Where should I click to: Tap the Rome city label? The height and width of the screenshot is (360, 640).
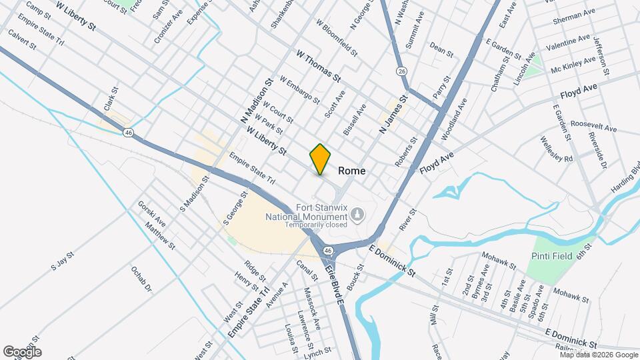coord(352,171)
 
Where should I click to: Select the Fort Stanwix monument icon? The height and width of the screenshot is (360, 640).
coord(358,214)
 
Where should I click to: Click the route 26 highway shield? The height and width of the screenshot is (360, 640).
coord(401,71)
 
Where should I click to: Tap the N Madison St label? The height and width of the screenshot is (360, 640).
coord(256,101)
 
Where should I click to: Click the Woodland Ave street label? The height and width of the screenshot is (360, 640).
coord(453,119)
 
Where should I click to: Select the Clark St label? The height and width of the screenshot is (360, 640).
coord(111,99)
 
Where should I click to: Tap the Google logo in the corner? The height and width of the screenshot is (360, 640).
coord(22,351)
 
